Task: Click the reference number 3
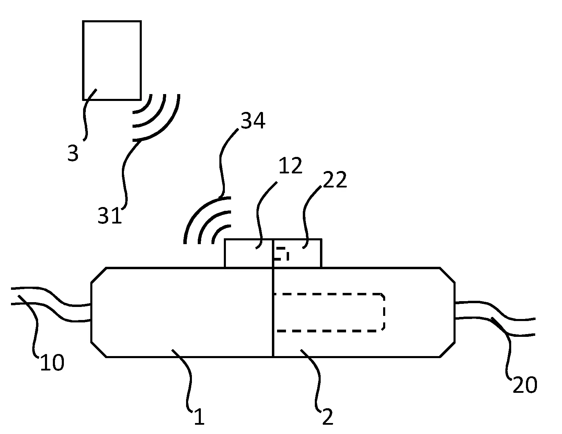[73, 153]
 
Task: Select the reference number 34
[253, 121]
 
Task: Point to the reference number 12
[290, 166]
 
